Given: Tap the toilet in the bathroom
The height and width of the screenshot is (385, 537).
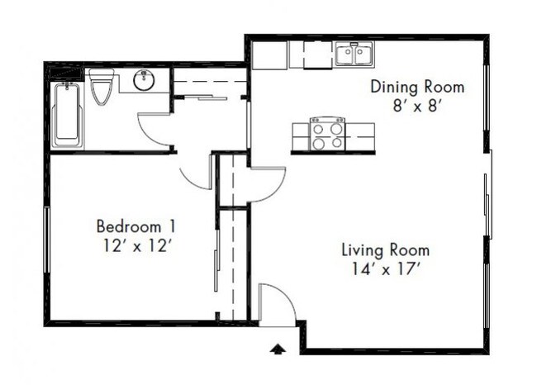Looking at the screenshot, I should (x=102, y=88).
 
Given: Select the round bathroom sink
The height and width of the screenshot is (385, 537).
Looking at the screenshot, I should (x=145, y=81).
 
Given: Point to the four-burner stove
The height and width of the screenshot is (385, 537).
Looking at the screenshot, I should (x=327, y=134).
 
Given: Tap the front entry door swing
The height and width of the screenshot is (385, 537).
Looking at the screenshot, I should (x=276, y=303).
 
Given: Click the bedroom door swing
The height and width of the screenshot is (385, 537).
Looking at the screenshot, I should (x=197, y=172).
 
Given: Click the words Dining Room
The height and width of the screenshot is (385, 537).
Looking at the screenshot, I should (x=416, y=87).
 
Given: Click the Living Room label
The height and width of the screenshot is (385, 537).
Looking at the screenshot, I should (x=386, y=250).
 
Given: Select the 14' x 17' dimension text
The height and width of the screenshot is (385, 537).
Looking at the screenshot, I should (x=386, y=268).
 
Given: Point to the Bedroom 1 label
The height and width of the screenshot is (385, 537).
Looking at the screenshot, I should (x=135, y=226).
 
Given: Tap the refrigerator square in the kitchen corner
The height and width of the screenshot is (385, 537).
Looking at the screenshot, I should (x=269, y=55).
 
